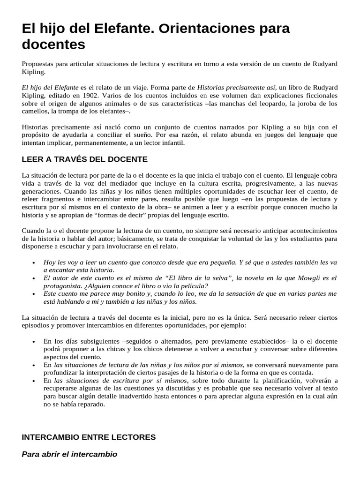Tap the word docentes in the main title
coord(54,45)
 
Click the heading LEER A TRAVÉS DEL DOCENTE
coord(85,159)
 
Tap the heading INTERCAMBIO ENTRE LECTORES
coord(89,437)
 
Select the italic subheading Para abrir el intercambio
coord(69,454)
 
